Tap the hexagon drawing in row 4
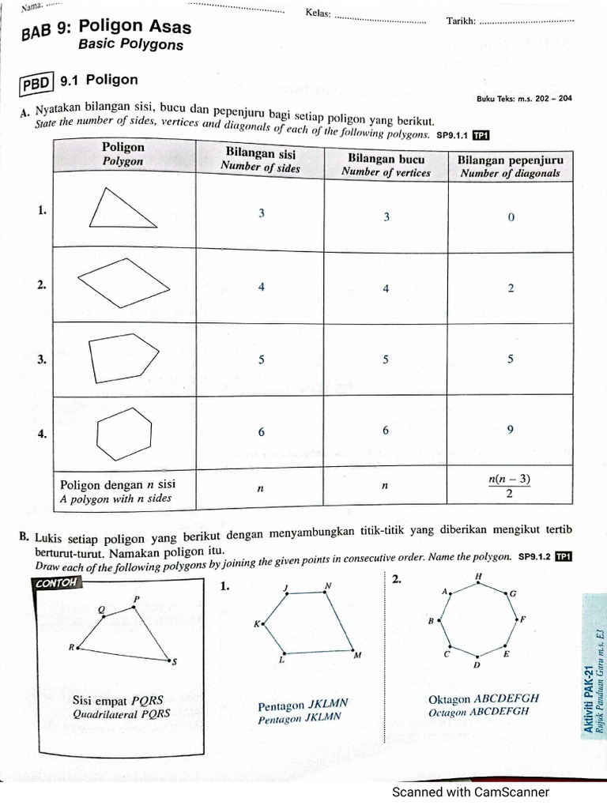click(x=123, y=432)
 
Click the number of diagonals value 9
click(x=511, y=430)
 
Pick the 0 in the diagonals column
click(x=511, y=217)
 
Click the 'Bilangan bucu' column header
click(x=386, y=166)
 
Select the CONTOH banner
click(x=59, y=583)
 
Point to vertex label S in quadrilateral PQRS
click(x=175, y=662)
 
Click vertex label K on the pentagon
click(x=256, y=624)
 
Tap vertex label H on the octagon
click(x=478, y=578)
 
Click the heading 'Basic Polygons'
click(x=130, y=45)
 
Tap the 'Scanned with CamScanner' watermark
click(x=470, y=792)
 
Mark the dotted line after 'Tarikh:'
click(x=527, y=21)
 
